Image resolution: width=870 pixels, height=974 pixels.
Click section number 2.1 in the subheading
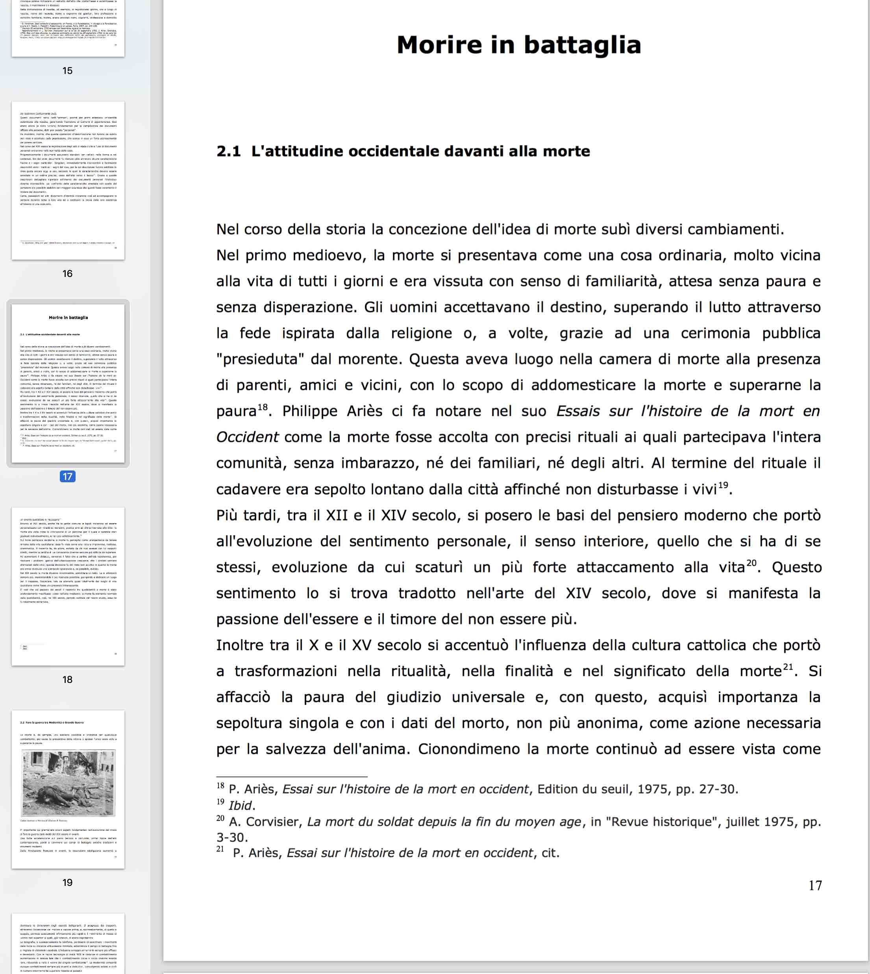(228, 151)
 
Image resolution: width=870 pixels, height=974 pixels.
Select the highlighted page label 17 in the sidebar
(67, 476)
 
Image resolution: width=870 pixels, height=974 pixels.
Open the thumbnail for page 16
(68, 181)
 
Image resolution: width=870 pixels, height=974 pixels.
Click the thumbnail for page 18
(68, 586)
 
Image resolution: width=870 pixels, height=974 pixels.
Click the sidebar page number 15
(67, 71)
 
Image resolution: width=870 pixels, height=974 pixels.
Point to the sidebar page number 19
(67, 882)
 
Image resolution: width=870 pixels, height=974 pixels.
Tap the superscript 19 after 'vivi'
(723, 485)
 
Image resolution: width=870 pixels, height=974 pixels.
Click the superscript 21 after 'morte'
(788, 667)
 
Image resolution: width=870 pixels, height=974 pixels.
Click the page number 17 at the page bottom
(815, 885)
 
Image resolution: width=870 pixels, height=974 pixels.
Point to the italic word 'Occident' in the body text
(247, 437)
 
